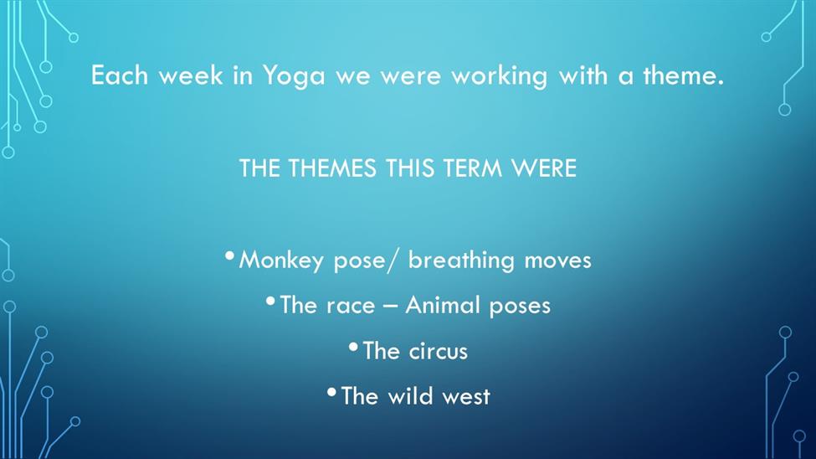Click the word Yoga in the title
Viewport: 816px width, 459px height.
tap(294, 76)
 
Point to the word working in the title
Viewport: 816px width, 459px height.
tap(499, 76)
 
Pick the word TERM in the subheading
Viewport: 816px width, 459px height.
tap(473, 168)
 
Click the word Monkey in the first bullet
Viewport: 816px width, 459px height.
tap(281, 260)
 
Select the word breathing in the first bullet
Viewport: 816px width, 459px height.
tap(461, 260)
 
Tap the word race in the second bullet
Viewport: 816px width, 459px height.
tap(351, 307)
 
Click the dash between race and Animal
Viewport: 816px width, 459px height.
tap(390, 307)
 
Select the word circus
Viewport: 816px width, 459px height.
tap(439, 352)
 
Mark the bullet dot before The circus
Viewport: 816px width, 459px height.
tap(353, 347)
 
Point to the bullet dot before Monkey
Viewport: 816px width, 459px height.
tap(229, 255)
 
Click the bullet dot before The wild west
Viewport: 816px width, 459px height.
tap(331, 392)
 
